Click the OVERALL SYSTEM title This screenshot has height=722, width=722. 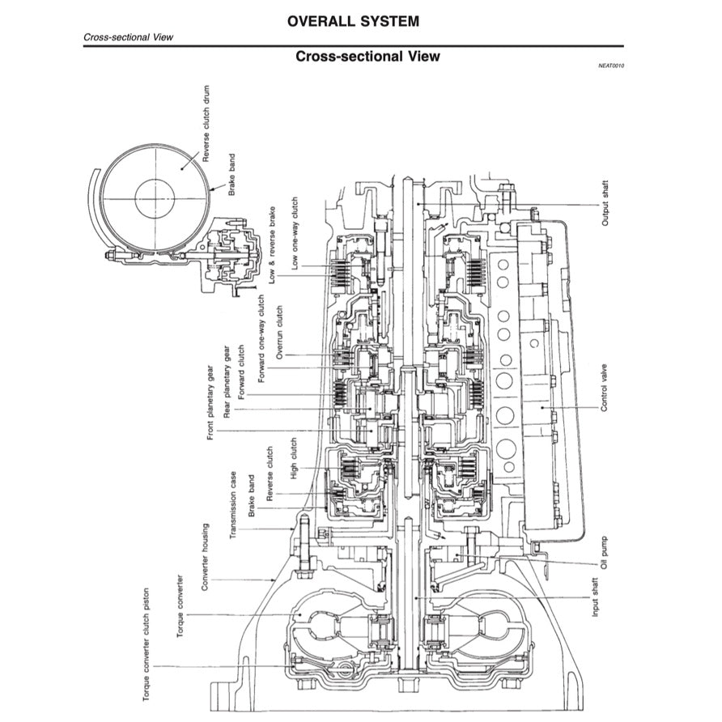(x=354, y=21)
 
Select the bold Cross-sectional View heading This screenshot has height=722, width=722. (x=367, y=56)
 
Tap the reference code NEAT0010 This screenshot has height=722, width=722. (x=610, y=66)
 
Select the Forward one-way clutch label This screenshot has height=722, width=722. (x=260, y=339)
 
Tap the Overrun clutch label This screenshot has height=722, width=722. (x=280, y=332)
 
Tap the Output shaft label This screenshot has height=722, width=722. (x=605, y=203)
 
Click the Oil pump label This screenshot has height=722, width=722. (x=605, y=550)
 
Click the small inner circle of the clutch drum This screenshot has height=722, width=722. (x=155, y=198)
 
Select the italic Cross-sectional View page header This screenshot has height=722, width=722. (x=128, y=37)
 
